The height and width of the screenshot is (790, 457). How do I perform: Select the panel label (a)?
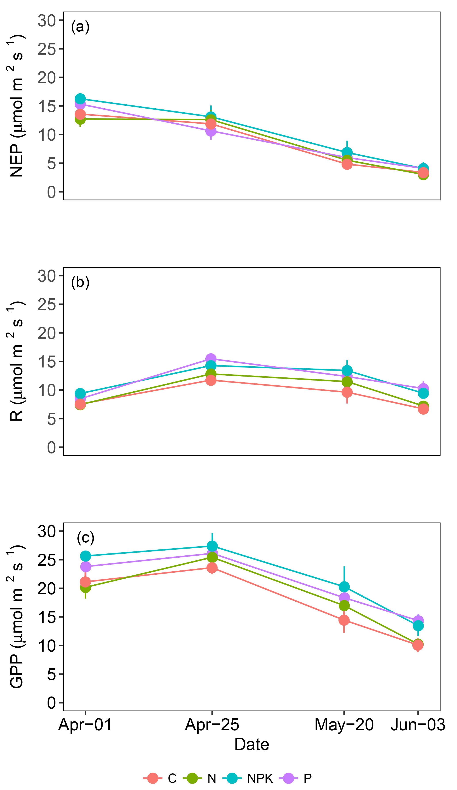point(80,27)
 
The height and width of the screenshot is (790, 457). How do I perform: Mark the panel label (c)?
point(86,538)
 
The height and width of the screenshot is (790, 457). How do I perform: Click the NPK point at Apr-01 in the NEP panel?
point(80,99)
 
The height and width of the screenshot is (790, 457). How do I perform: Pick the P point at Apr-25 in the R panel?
point(211,359)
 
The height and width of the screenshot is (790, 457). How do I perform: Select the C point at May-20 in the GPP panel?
point(344,620)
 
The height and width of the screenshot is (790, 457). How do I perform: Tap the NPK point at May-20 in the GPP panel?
point(344,587)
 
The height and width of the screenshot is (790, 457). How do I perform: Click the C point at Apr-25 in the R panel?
point(211,380)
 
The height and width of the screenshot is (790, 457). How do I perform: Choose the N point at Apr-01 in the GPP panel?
point(85,587)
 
